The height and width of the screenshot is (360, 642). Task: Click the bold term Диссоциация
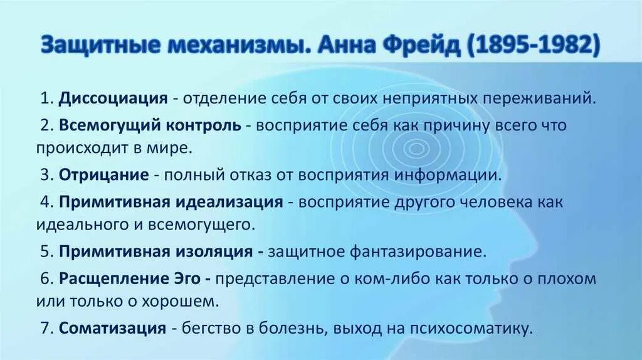113,98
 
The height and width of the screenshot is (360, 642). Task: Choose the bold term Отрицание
103,175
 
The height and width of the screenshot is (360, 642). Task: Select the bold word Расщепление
105,278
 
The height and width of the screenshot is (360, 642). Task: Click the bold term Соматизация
113,328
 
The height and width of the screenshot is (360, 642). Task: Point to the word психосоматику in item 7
481,328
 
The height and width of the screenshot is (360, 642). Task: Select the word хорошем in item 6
188,301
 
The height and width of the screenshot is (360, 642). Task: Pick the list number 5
45,251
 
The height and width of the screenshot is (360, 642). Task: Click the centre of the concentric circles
414,149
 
